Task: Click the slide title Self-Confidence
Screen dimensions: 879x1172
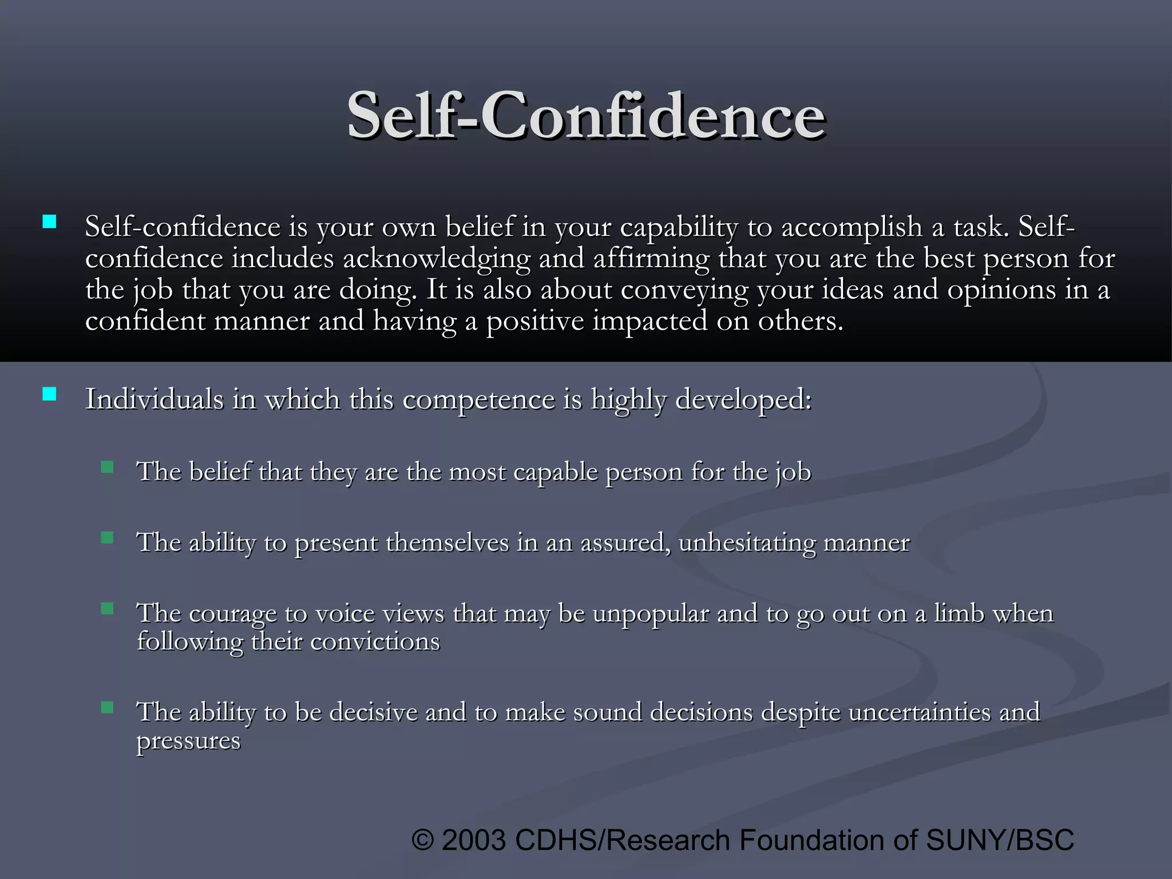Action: (x=586, y=116)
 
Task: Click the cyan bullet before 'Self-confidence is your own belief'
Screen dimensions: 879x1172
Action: (x=49, y=222)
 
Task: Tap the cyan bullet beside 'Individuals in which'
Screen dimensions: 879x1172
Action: (x=49, y=394)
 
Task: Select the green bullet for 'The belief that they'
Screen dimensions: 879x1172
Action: (x=107, y=468)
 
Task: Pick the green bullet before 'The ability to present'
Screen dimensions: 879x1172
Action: (x=107, y=538)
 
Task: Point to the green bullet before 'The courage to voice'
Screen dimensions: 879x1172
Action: (x=107, y=608)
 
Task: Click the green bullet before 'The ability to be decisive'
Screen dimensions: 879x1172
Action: (x=107, y=708)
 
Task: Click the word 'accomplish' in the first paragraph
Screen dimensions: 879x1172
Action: (x=852, y=228)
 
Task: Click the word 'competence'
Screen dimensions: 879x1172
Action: (x=478, y=399)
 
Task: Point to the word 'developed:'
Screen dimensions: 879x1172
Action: (x=743, y=399)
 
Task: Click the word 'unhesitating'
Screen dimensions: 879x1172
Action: (x=746, y=543)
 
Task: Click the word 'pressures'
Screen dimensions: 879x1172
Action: (x=188, y=741)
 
